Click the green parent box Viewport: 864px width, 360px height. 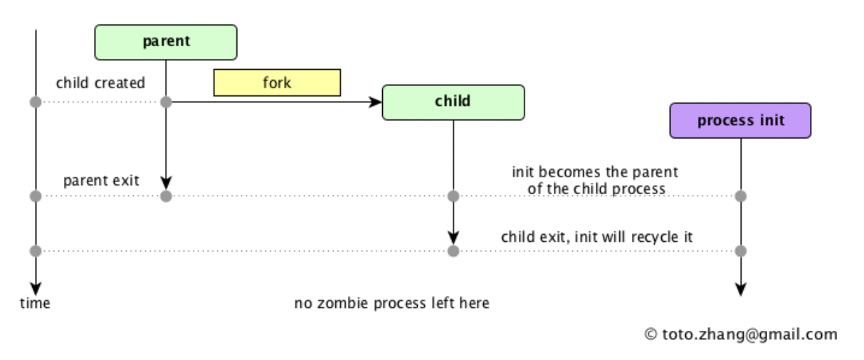pyautogui.click(x=166, y=42)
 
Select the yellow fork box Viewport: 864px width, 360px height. pyautogui.click(x=277, y=83)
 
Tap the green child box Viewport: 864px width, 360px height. pyautogui.click(x=453, y=102)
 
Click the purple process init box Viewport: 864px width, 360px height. pyautogui.click(x=740, y=120)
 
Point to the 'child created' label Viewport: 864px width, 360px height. pyautogui.click(x=100, y=83)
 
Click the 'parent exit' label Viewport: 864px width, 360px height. pyautogui.click(x=101, y=180)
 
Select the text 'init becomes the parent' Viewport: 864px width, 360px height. pyautogui.click(x=595, y=172)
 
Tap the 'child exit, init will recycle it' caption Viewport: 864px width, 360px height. pyautogui.click(x=596, y=237)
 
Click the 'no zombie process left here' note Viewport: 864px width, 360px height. pyautogui.click(x=392, y=304)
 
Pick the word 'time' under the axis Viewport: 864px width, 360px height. pyautogui.click(x=35, y=304)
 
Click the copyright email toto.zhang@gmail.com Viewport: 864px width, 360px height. pyautogui.click(x=741, y=334)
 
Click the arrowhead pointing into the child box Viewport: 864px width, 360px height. pyautogui.click(x=376, y=102)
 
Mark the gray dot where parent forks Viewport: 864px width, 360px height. pyautogui.click(x=166, y=102)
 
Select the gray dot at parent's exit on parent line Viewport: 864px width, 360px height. pyautogui.click(x=166, y=196)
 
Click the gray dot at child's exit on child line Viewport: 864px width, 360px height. pyautogui.click(x=453, y=250)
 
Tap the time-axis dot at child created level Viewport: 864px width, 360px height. pyautogui.click(x=35, y=102)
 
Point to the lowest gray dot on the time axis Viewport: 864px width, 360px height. pyautogui.click(x=35, y=250)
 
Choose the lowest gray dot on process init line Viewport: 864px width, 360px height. pyautogui.click(x=740, y=250)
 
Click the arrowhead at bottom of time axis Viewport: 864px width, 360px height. pyautogui.click(x=35, y=290)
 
